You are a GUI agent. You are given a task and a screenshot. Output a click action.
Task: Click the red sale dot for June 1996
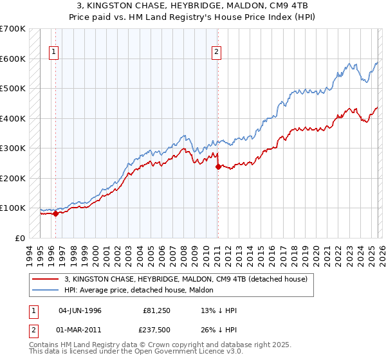[55, 214]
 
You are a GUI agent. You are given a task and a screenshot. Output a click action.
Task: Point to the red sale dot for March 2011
[217, 167]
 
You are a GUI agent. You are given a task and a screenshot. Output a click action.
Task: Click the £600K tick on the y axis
[13, 59]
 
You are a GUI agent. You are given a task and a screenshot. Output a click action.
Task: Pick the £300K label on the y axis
[13, 148]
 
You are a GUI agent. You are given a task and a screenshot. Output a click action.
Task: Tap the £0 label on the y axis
[19, 238]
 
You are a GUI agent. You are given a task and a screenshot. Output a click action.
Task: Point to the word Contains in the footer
[44, 346]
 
